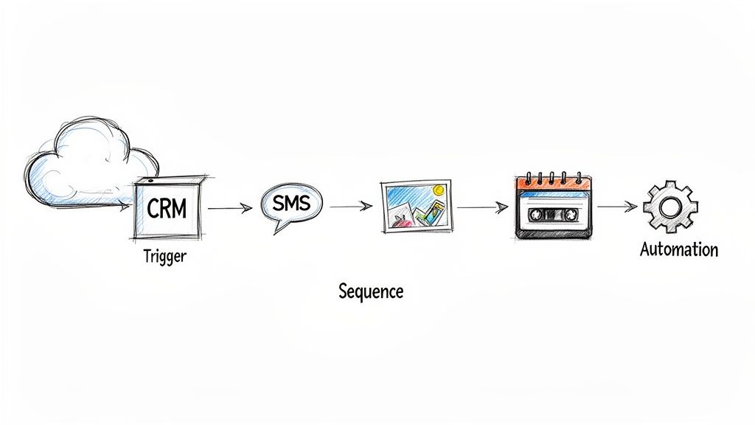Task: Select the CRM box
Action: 167,209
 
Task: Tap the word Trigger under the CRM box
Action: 165,257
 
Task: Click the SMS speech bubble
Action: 290,204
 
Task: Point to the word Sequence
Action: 371,291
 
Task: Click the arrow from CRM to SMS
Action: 230,209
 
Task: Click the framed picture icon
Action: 416,206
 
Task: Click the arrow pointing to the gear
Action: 616,206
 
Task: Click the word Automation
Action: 678,249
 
